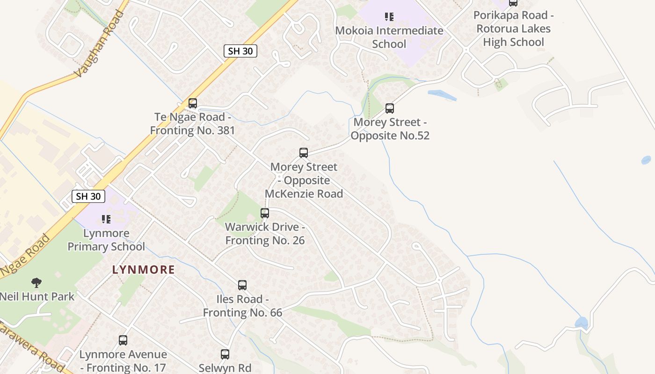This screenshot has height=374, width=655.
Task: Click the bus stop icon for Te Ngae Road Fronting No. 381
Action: [x=192, y=103]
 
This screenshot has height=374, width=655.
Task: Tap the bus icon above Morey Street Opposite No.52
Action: [x=389, y=108]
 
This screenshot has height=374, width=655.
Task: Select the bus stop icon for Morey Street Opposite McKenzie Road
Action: [x=304, y=153]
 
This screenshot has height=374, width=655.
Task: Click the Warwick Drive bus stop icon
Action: [x=265, y=214]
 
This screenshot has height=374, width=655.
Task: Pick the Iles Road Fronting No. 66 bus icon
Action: [x=242, y=285]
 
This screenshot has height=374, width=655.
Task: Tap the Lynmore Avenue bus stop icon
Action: [x=123, y=340]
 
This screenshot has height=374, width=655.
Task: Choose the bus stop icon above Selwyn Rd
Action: [x=225, y=354]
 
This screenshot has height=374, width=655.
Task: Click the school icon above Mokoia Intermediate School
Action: [x=389, y=17]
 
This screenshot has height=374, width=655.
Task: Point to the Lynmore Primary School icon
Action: [x=106, y=219]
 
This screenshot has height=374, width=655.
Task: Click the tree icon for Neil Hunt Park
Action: [x=36, y=282]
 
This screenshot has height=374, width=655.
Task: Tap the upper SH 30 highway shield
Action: [x=240, y=51]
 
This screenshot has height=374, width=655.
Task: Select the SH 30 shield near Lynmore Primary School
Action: [x=88, y=196]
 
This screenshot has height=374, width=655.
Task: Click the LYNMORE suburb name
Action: [x=143, y=270]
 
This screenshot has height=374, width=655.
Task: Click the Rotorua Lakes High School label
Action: [x=513, y=29]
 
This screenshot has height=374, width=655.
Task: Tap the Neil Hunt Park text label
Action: [x=36, y=296]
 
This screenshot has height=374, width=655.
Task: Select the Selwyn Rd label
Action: [x=225, y=368]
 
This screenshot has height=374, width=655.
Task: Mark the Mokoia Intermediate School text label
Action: [x=389, y=37]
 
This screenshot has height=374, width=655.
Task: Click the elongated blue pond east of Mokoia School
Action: [x=442, y=95]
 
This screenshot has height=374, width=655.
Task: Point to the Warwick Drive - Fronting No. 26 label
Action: [x=265, y=234]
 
